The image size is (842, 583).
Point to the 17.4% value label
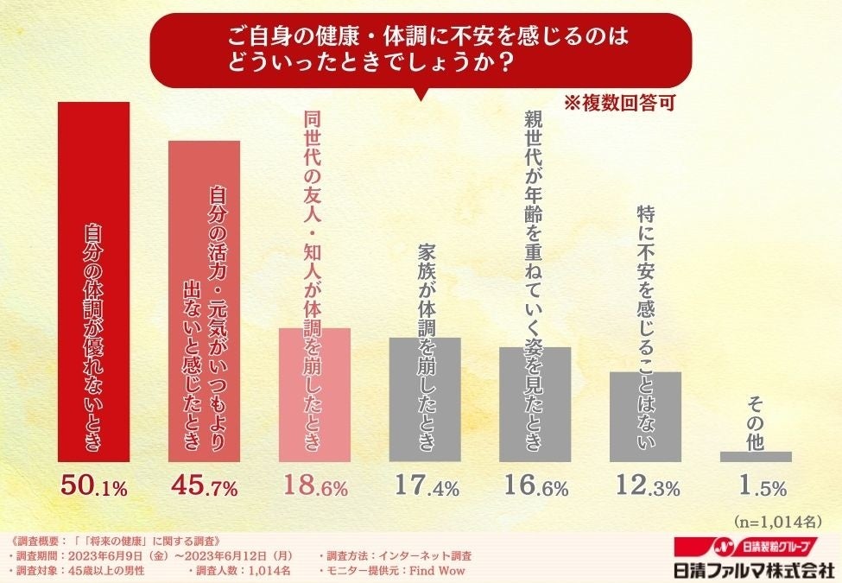click(425, 487)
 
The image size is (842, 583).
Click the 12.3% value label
click(645, 487)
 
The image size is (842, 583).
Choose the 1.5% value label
click(756, 487)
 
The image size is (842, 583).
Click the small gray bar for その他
click(756, 456)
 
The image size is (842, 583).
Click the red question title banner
click(421, 50)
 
